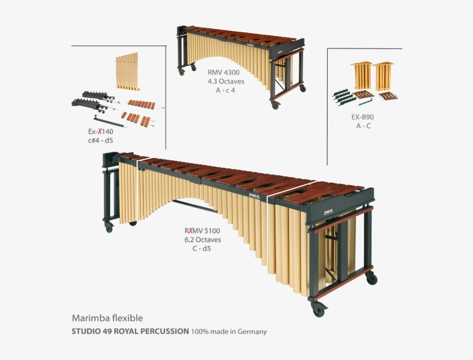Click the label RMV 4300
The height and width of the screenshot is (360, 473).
224,73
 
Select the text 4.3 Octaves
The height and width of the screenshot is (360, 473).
224,81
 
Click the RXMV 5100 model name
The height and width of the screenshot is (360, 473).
199,231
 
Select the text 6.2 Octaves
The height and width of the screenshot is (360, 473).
199,239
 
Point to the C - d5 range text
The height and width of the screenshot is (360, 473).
199,248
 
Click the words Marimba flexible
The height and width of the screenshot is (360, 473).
107,318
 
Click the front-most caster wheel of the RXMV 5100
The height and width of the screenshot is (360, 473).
318,310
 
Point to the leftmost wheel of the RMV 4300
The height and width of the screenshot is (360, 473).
182,72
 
